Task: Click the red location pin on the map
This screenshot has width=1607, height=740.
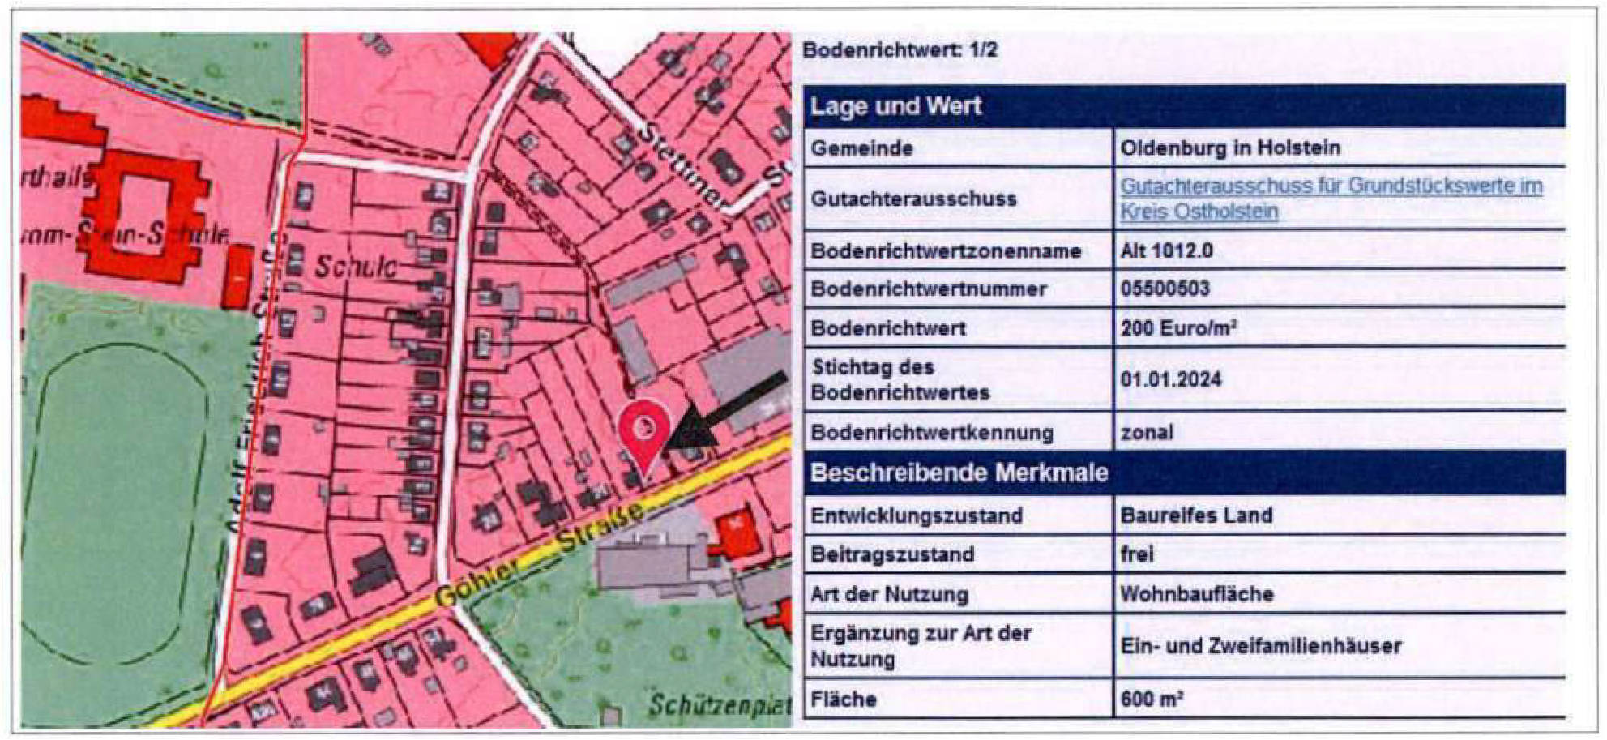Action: [644, 430]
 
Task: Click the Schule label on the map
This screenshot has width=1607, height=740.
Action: [355, 267]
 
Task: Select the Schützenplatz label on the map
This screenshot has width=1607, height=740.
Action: [718, 706]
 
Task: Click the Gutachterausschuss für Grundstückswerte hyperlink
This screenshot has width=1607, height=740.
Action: [1331, 199]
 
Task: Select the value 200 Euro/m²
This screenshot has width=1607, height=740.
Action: [1177, 328]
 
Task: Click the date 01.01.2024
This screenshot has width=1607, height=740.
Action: [1170, 379]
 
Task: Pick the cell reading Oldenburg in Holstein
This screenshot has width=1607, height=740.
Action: [1229, 148]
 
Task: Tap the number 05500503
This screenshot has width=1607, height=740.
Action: [1165, 289]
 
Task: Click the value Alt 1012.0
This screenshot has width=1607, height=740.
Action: [1166, 250]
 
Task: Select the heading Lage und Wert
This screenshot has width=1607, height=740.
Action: [895, 106]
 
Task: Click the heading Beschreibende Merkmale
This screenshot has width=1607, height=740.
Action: [959, 473]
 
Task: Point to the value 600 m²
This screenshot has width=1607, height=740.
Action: [1152, 699]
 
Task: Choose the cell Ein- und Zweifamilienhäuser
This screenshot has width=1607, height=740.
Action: [1260, 646]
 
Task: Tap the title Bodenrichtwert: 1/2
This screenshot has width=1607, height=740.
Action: [900, 50]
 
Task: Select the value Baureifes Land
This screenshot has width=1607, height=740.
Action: [1196, 515]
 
